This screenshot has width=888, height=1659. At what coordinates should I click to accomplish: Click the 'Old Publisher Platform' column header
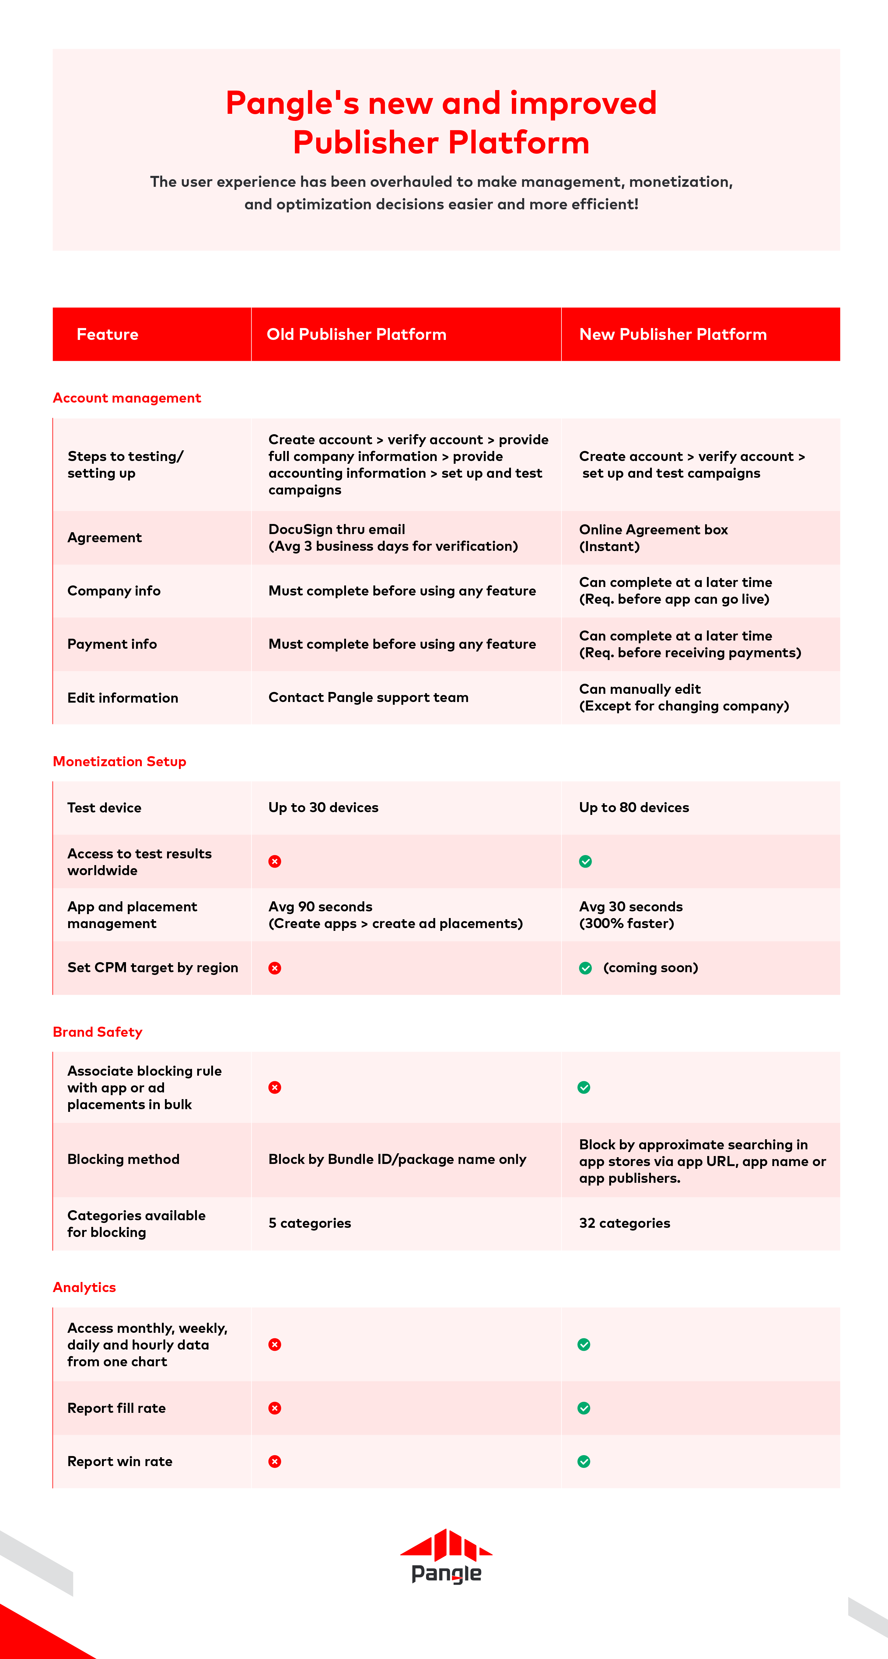(x=356, y=334)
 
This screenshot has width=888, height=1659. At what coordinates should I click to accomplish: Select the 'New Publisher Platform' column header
(x=673, y=334)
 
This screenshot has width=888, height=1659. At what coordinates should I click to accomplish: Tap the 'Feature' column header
(x=107, y=334)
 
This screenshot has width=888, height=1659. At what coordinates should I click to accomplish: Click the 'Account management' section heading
(x=127, y=398)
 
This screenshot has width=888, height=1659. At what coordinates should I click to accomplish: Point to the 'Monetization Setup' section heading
(x=119, y=761)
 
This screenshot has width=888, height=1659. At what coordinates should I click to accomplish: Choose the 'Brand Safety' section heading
(x=97, y=1032)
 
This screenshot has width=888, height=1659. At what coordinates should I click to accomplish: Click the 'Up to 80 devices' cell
(x=634, y=808)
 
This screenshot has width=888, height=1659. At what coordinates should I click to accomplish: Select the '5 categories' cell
(x=310, y=1223)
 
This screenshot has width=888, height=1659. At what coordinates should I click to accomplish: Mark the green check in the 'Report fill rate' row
(x=584, y=1408)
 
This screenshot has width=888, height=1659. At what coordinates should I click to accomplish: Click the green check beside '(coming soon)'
(x=585, y=968)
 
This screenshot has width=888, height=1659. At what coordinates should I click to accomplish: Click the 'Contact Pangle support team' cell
(x=368, y=697)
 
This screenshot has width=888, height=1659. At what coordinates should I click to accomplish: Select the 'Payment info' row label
(x=112, y=644)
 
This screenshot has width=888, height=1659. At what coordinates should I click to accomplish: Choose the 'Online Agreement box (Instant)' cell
(x=653, y=538)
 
